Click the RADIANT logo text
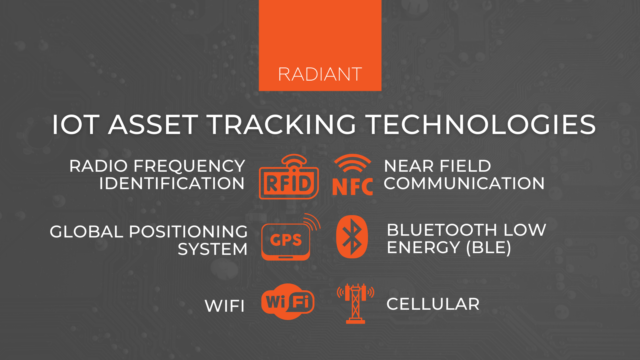pos(320,74)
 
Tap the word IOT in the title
pos(76,125)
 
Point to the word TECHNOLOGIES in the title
pos(481,125)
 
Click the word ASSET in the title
pos(153,125)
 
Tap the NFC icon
pos(353,176)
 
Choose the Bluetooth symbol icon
pos(352,237)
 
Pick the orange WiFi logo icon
pos(288,302)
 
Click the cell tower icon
pos(355,303)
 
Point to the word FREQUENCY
pos(189,166)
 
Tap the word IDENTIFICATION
pos(172,183)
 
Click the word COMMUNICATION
pos(464,183)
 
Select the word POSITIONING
pos(188,232)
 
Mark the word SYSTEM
pos(213,249)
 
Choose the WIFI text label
pos(225,306)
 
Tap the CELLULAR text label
pos(433,304)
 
